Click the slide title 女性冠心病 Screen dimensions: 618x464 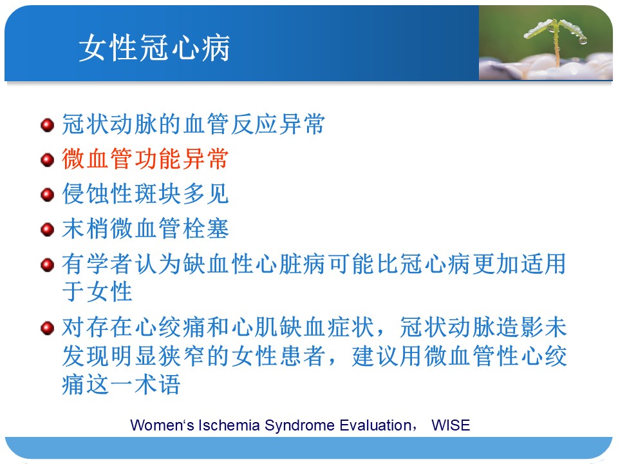tap(154, 48)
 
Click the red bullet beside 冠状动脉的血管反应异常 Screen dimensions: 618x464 tap(47, 125)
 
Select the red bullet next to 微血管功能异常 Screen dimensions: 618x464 tap(47, 160)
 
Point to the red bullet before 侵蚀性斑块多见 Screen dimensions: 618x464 tap(47, 195)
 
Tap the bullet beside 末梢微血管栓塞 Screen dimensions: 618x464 tap(47, 229)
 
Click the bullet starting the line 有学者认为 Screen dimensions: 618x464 tap(47, 265)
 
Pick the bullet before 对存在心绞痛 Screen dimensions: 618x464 tap(47, 328)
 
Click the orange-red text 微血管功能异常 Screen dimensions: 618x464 tap(145, 159)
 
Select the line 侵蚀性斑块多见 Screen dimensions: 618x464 tap(145, 194)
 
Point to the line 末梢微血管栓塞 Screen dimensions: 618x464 tap(145, 228)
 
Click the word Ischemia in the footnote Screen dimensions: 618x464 tap(229, 425)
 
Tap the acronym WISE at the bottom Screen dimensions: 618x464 tap(451, 425)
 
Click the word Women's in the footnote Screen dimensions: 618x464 tap(162, 425)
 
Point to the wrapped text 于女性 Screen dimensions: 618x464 tap(97, 291)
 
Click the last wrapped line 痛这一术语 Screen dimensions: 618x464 tap(121, 384)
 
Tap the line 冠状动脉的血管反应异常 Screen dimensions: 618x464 tap(193, 124)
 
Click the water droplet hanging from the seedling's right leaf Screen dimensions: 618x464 tap(583, 40)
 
